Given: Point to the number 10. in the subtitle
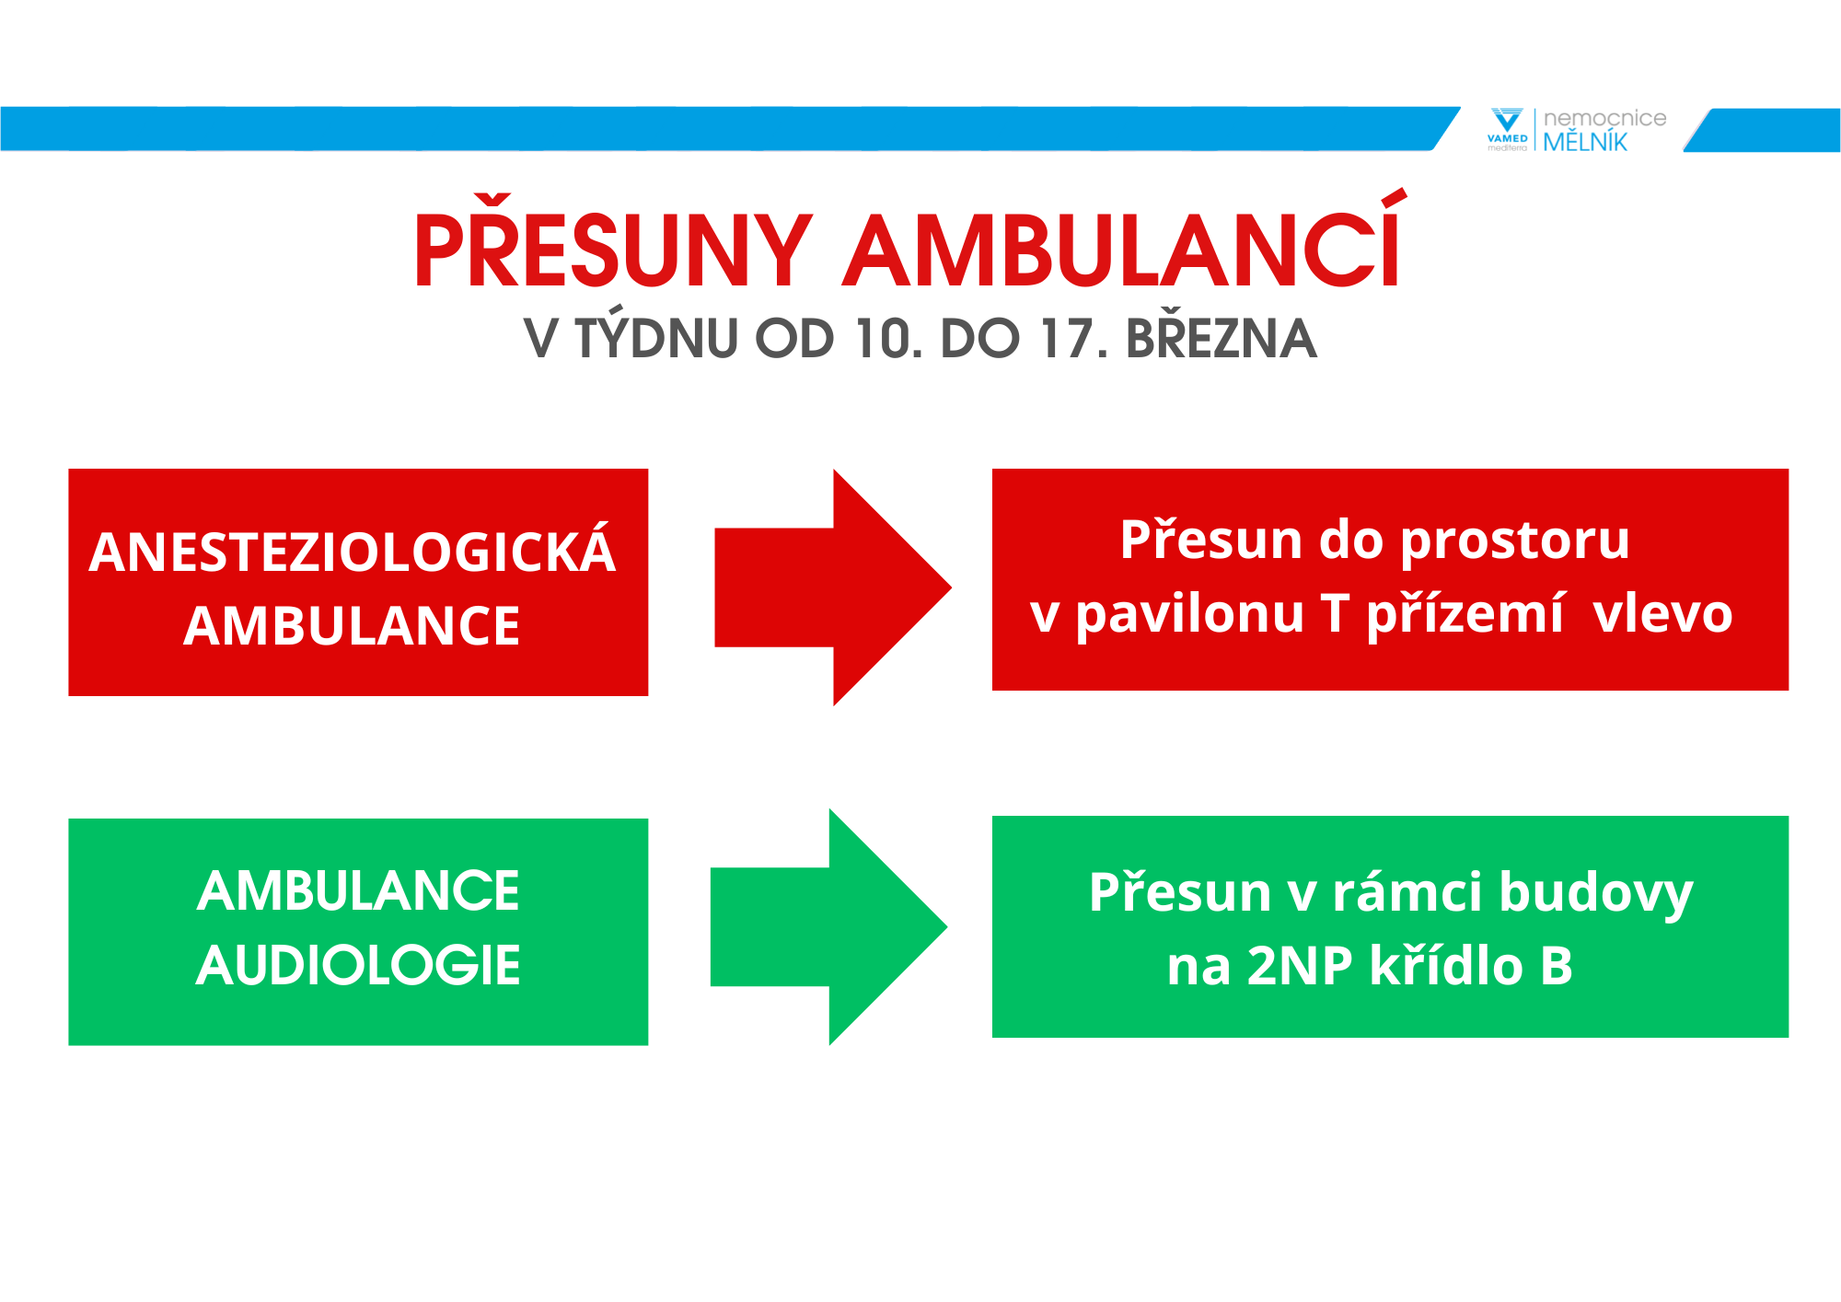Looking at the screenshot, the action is (x=888, y=338).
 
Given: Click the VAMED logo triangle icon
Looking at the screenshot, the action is (x=1507, y=121).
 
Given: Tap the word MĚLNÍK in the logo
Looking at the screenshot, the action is (x=1585, y=140).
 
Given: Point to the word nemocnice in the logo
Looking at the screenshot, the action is (x=1604, y=118).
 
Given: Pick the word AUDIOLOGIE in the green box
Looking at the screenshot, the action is (x=358, y=965).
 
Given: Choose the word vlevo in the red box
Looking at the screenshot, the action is (x=1662, y=614).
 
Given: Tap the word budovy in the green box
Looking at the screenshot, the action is (x=1596, y=894).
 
